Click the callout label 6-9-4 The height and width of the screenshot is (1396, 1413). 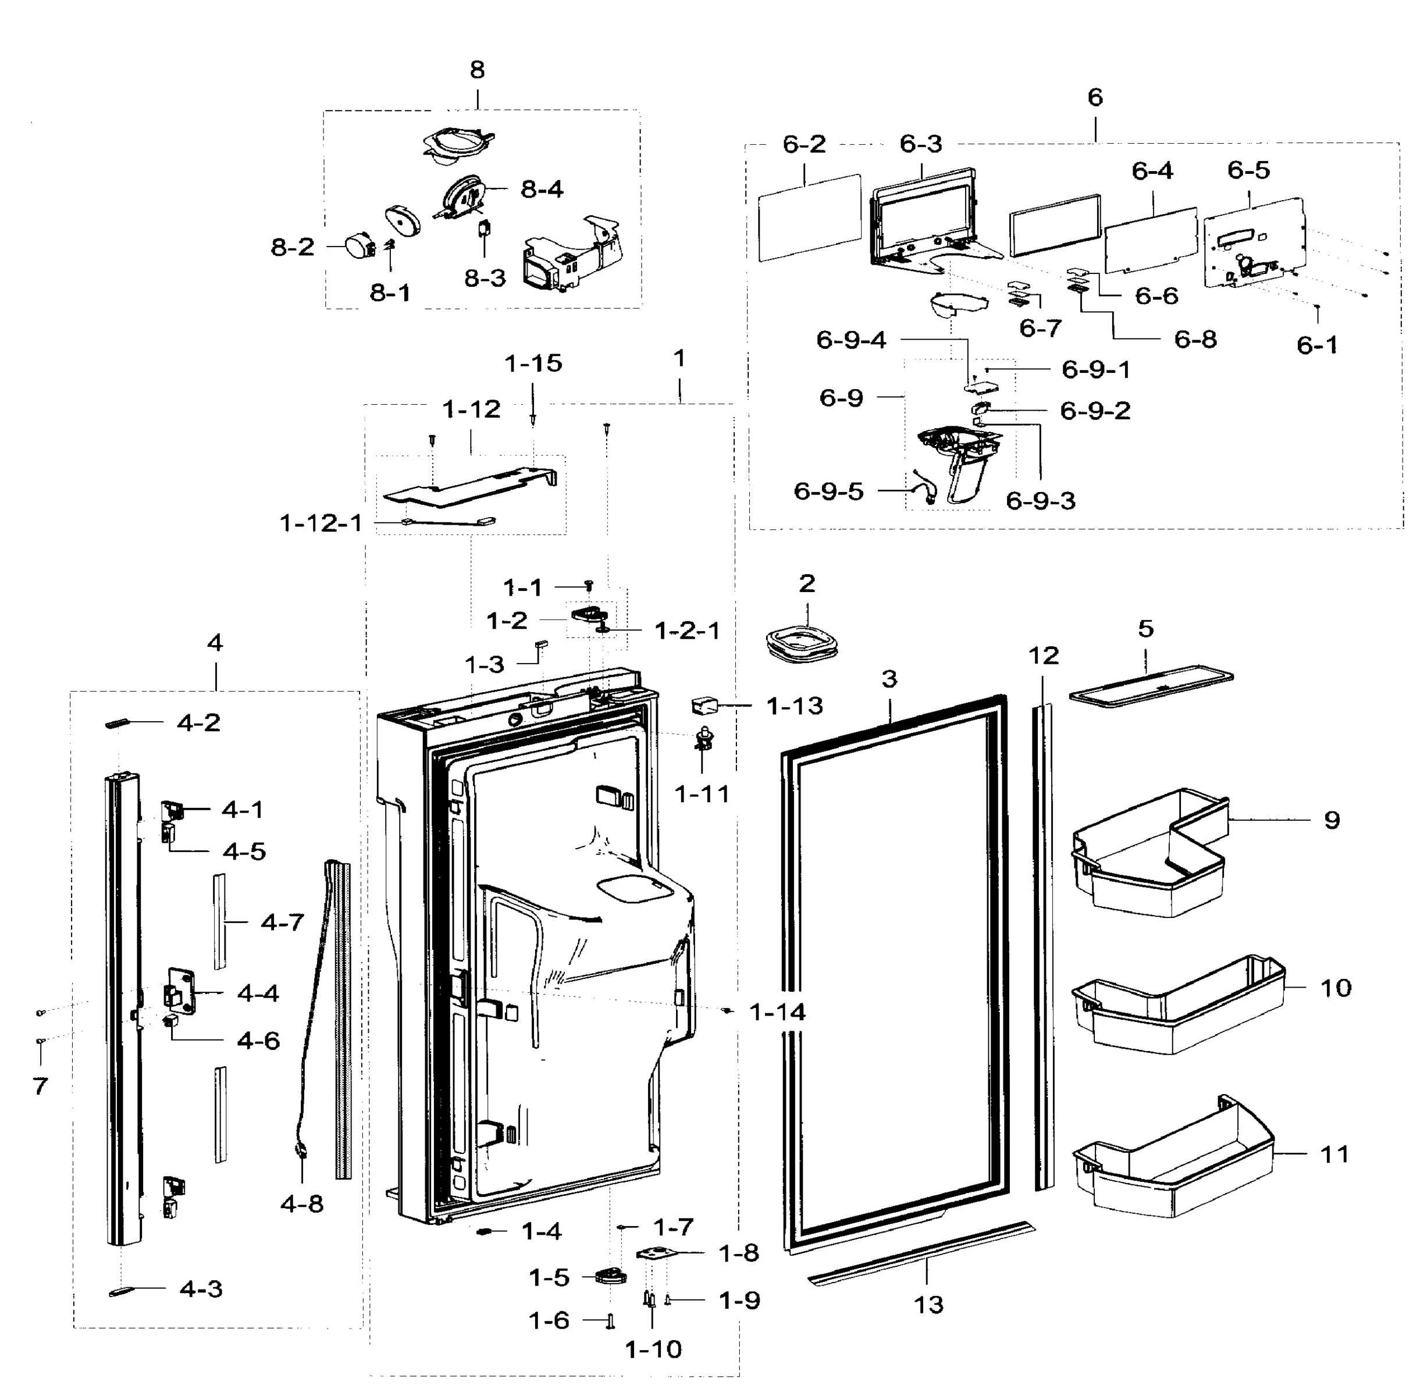point(850,340)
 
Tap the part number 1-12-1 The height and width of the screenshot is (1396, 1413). point(321,523)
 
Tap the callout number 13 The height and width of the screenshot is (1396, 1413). point(929,1305)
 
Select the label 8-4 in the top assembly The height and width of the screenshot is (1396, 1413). point(542,190)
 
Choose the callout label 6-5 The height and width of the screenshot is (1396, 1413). point(1248,170)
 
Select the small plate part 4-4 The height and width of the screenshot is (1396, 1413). point(180,992)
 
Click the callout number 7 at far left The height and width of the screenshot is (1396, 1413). point(40,1086)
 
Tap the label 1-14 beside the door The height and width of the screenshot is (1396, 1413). point(777,1013)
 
